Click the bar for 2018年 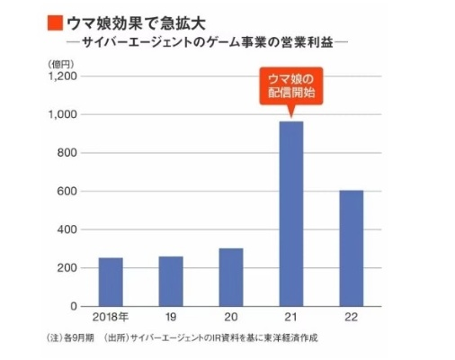pos(110,282)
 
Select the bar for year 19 pos(170,281)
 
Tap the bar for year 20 pos(230,276)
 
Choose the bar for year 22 pos(351,247)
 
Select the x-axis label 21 pos(290,319)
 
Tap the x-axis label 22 pos(351,319)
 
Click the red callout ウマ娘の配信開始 pos(290,84)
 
